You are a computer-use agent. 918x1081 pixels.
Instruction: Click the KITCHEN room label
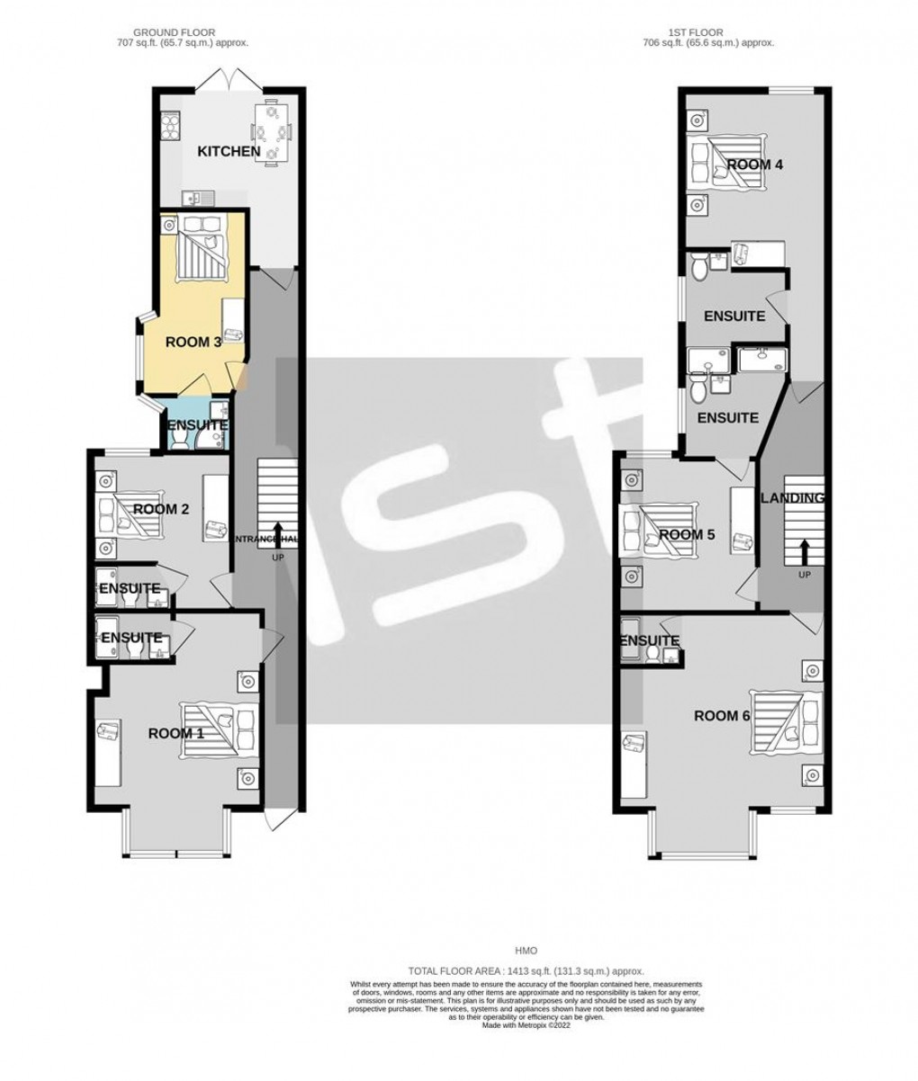pos(229,151)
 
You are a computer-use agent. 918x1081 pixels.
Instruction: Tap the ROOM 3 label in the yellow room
pos(193,342)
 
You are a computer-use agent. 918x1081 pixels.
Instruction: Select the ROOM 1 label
pos(175,733)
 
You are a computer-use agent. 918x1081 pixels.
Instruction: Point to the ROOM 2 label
pos(160,509)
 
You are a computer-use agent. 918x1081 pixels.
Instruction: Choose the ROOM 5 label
pos(687,534)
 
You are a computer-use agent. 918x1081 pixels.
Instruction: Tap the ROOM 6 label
pos(722,716)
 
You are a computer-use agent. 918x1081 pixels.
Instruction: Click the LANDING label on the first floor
pos(792,498)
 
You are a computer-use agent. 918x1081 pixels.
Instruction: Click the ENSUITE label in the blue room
pos(196,424)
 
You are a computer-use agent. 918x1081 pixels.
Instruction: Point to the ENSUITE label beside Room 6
pos(649,640)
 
